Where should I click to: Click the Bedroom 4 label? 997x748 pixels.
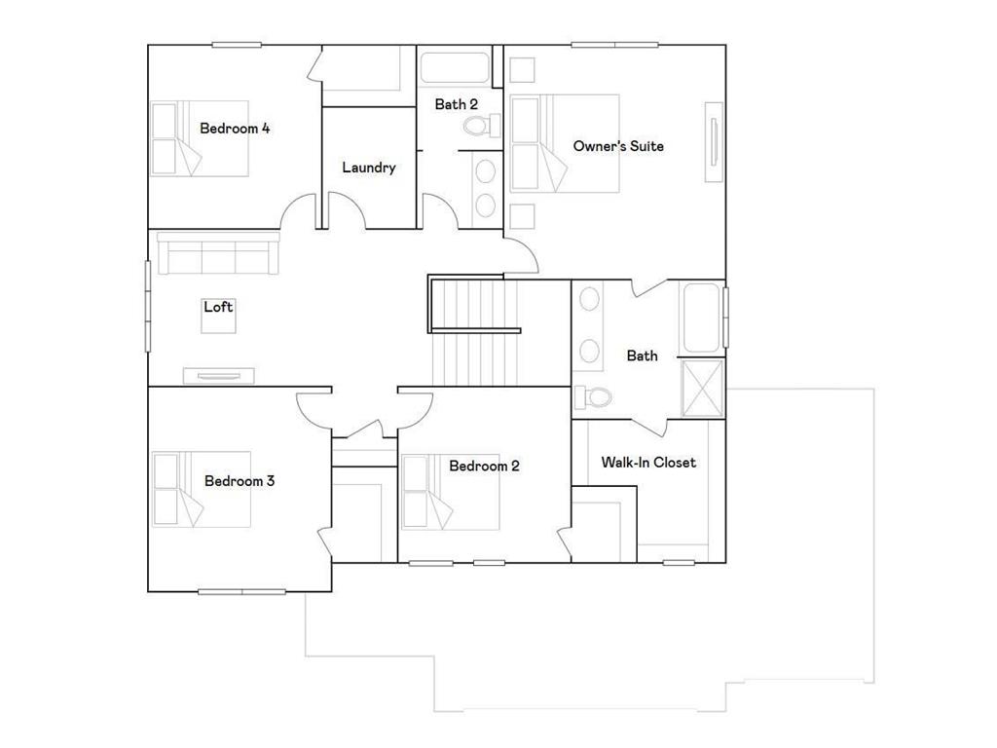click(x=235, y=128)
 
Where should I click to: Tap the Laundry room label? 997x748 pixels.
click(x=369, y=168)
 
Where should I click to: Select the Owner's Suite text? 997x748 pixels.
click(x=618, y=146)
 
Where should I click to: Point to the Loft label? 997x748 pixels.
click(x=218, y=307)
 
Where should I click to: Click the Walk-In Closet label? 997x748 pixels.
click(x=648, y=463)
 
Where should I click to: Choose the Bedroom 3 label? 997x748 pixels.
click(x=240, y=481)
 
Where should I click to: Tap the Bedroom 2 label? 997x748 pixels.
click(x=484, y=467)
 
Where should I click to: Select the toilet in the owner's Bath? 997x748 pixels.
click(x=593, y=396)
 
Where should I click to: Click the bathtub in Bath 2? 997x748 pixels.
click(x=455, y=69)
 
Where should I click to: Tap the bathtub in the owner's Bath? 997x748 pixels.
click(x=702, y=318)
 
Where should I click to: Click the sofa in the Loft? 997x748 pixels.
click(x=218, y=254)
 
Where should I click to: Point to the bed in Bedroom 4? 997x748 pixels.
click(x=201, y=138)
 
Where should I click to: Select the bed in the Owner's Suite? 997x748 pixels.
click(x=565, y=143)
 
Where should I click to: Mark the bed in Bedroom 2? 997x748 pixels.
click(x=451, y=493)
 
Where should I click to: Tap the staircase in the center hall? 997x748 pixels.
click(x=474, y=331)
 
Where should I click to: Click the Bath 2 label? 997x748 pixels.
click(x=456, y=104)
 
